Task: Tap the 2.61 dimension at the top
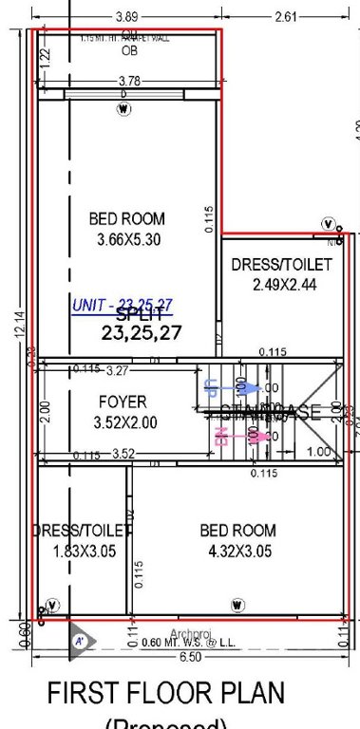pos(288,16)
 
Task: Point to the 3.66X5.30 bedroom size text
pos(128,240)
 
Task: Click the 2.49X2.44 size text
pos(281,284)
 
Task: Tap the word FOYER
pos(123,402)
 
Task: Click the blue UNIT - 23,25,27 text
pos(123,305)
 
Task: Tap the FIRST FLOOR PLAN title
pos(166,694)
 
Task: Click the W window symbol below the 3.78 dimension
pos(123,109)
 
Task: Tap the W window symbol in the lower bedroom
pos(237,605)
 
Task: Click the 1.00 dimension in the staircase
pos(319,452)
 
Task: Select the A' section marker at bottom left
pos(80,642)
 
